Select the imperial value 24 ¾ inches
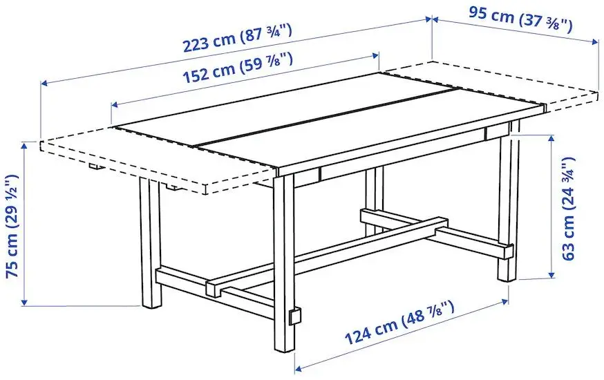[568, 183]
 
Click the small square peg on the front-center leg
[296, 316]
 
